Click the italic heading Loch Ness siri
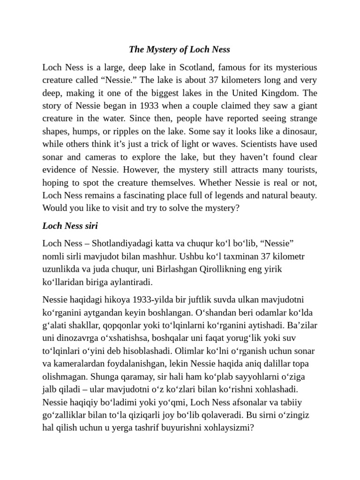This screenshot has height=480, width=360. [x=70, y=225]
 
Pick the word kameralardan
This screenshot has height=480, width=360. [x=77, y=364]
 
